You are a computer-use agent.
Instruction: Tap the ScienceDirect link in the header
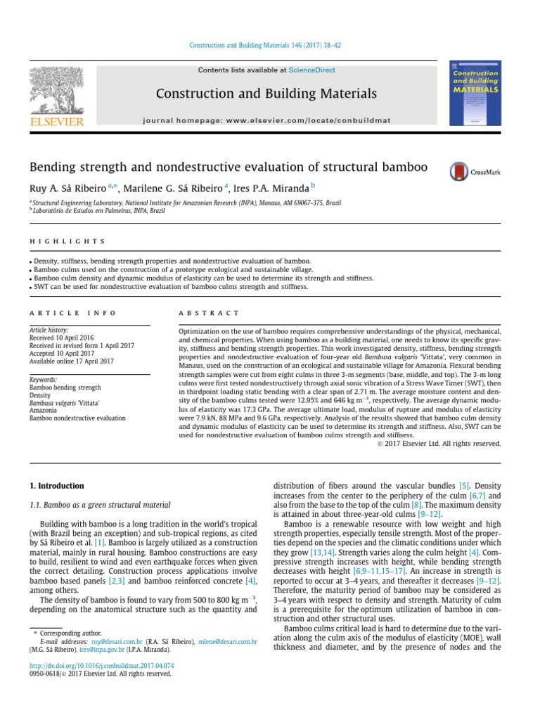[311, 70]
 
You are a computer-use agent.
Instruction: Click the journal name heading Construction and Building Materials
[266, 94]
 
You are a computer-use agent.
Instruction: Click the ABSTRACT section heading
[209, 313]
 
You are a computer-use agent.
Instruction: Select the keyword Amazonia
[43, 411]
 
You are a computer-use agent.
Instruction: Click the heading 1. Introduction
[56, 486]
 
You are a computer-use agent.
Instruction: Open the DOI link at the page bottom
[101, 665]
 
